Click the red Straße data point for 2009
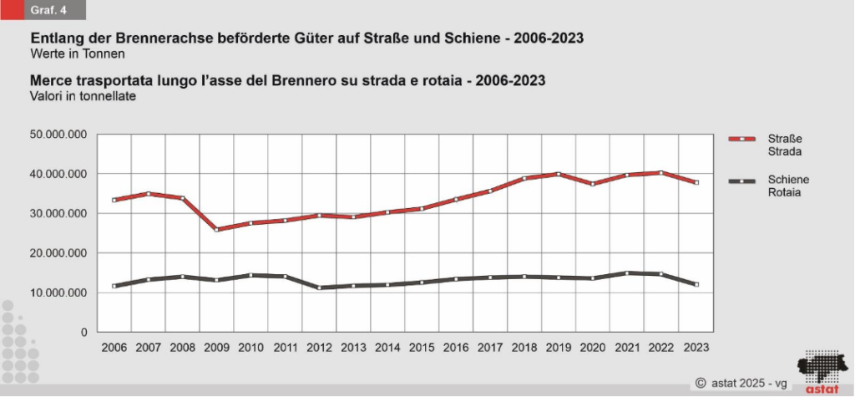coord(217,229)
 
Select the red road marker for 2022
coord(660,173)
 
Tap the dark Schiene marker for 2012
coord(319,288)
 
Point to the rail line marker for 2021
coord(626,272)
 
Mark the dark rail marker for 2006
coord(114,286)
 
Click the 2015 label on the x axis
coord(421,346)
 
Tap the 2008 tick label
coord(182,346)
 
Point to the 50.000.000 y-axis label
coord(58,135)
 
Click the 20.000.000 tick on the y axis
coord(58,253)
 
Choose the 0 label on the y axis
coord(83,333)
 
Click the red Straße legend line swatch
coord(741,140)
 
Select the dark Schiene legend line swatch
coord(741,181)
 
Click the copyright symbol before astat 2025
coord(701,382)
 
